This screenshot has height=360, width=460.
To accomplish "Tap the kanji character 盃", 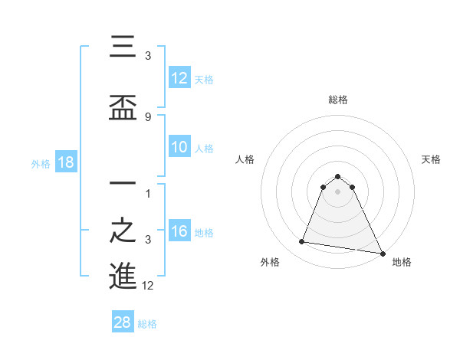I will click(123, 108).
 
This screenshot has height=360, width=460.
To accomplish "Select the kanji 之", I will click(123, 230).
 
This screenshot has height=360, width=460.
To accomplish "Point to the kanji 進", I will click(123, 277).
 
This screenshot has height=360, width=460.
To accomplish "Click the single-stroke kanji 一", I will click(123, 184).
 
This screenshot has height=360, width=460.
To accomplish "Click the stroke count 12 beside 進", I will click(148, 286).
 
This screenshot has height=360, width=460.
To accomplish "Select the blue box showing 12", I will click(179, 78).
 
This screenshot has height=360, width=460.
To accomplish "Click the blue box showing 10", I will click(179, 148).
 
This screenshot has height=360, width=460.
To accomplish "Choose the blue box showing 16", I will click(179, 232).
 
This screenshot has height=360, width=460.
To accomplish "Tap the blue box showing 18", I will click(65, 163).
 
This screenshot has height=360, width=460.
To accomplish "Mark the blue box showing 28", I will click(122, 322).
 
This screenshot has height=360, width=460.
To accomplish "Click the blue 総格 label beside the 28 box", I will click(147, 324).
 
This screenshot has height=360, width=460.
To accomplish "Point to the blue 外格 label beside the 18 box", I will click(40, 164).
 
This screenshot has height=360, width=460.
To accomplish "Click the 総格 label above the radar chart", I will click(337, 100).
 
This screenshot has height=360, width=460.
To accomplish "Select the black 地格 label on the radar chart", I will click(402, 263).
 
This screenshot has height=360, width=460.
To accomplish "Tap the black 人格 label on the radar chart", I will click(245, 159).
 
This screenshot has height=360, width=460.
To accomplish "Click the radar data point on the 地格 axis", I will click(382, 253).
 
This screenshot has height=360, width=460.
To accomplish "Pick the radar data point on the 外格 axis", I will click(302, 242).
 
